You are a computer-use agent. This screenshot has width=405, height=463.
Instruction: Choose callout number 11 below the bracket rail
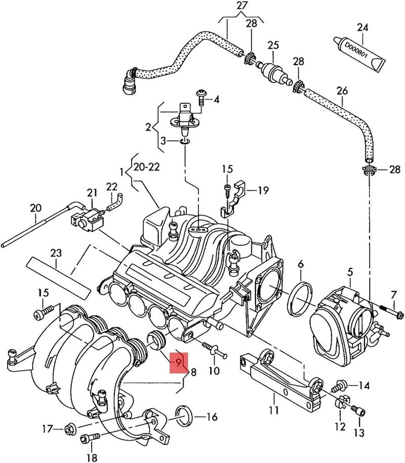[274, 409]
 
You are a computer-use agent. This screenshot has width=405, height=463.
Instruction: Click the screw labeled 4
[201, 98]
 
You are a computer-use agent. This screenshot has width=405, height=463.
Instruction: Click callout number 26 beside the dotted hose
[343, 91]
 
